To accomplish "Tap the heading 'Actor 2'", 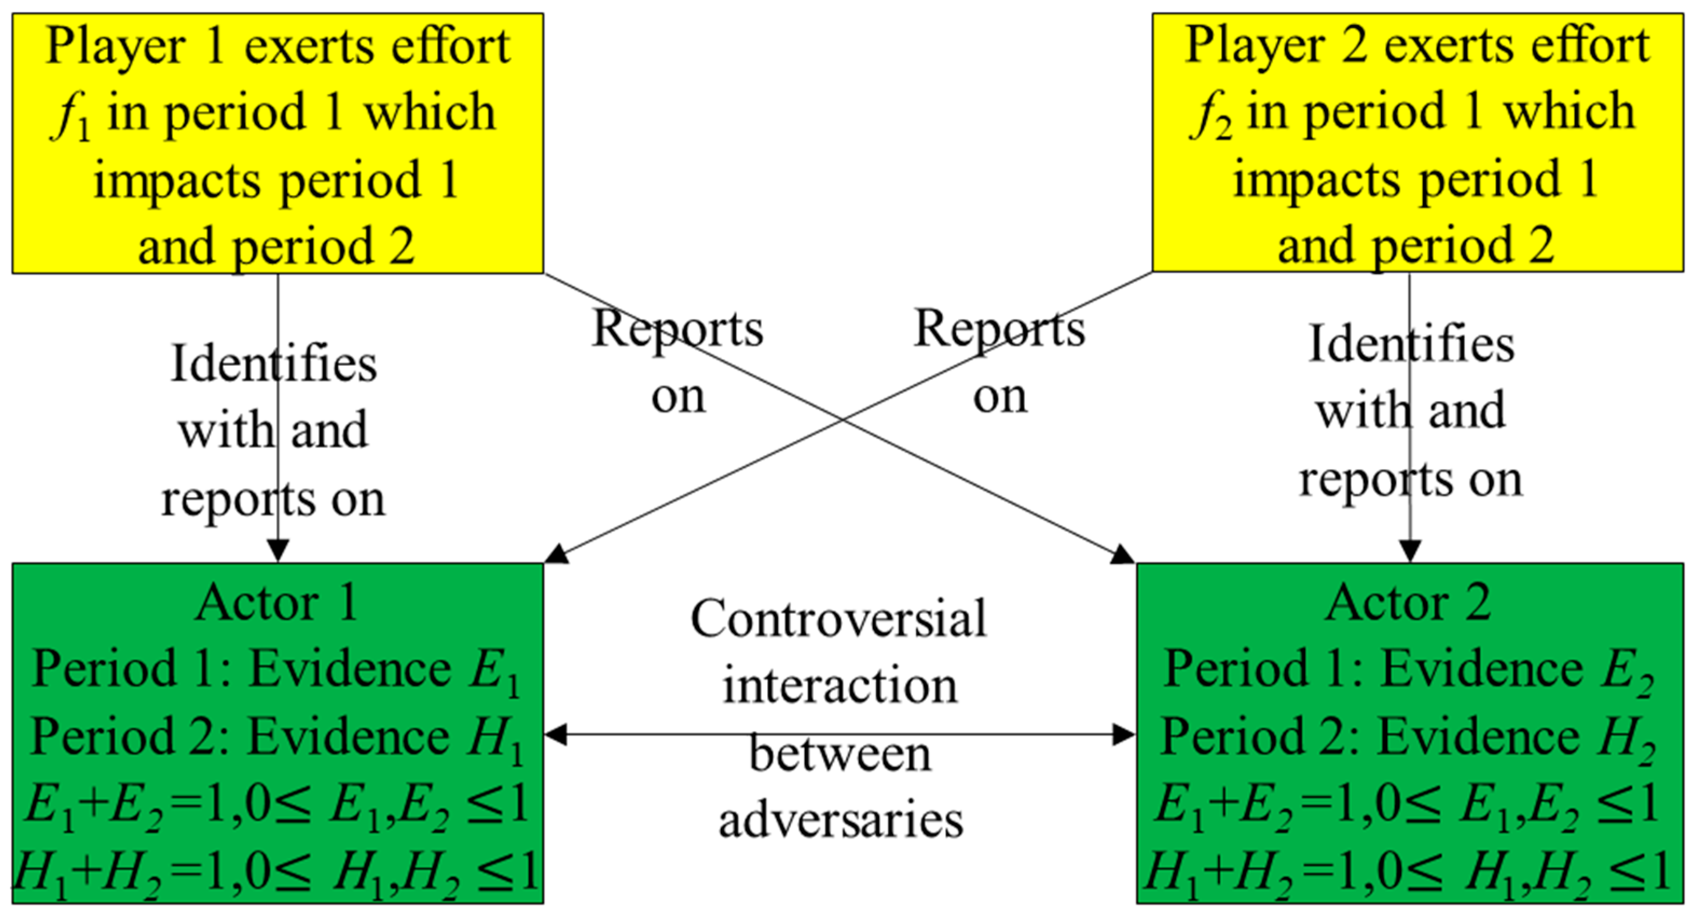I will [1409, 603].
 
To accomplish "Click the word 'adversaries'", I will [841, 820].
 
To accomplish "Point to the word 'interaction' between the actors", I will [840, 687].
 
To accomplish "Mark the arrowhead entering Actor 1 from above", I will [278, 551].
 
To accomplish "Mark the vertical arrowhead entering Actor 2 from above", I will [1409, 551].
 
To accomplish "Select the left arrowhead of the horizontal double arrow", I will [556, 735].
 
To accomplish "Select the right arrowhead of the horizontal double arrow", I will [1124, 735].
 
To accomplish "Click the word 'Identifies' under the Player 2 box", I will [1412, 344].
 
